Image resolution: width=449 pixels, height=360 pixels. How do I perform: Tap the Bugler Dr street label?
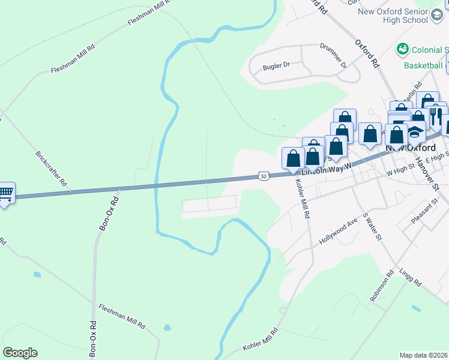point(276,67)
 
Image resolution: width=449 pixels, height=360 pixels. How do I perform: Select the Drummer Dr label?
point(333,54)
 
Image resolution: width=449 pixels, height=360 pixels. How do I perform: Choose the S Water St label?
point(372,226)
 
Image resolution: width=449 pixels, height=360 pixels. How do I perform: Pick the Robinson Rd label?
point(382,285)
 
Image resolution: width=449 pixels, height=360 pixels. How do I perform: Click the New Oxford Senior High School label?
point(401,16)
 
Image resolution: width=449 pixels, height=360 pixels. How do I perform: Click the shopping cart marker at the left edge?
point(5,193)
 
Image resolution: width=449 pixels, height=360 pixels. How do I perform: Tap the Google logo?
point(20,353)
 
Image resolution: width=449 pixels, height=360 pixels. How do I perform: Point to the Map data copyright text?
point(423,355)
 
